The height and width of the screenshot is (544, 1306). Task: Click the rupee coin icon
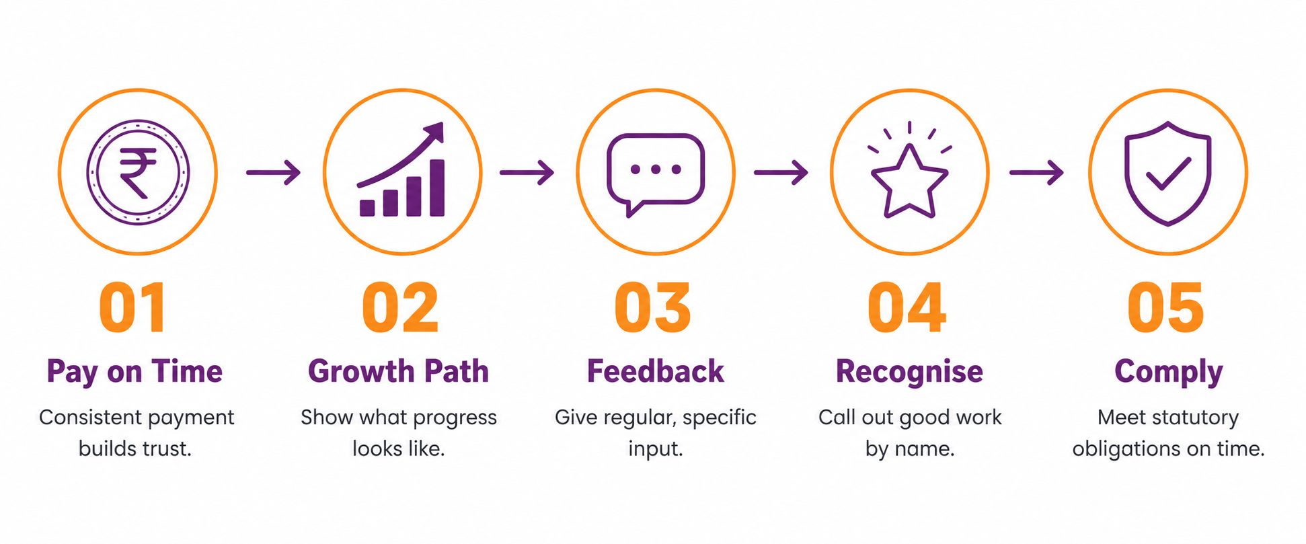(138, 172)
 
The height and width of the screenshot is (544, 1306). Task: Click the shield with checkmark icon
(1168, 173)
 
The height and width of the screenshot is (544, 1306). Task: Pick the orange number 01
(132, 307)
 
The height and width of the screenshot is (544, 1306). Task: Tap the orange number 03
(653, 307)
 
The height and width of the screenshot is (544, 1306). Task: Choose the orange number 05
(1165, 307)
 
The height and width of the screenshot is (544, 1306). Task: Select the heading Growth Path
(399, 371)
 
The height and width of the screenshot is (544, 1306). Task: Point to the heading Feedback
(656, 371)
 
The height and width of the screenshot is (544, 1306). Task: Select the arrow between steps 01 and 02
(273, 173)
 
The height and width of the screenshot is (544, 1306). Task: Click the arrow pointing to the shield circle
(1036, 173)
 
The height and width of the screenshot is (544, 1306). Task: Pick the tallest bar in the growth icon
(437, 188)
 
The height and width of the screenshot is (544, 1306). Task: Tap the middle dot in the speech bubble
(656, 169)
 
